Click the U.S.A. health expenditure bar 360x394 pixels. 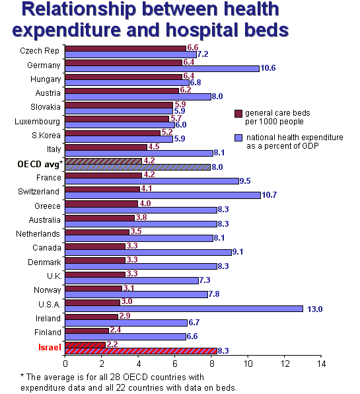[x=184, y=309]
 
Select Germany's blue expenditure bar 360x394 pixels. [x=162, y=69]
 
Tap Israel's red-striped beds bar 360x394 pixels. [x=85, y=345]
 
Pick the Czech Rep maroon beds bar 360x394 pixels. [x=126, y=49]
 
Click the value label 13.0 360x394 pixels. [x=315, y=309]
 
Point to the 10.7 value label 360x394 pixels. [x=269, y=195]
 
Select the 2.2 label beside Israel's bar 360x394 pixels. [x=112, y=344]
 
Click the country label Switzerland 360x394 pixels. [x=39, y=192]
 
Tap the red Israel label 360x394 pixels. [x=50, y=347]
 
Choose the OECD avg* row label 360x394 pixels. [x=40, y=164]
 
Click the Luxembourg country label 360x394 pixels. [x=38, y=122]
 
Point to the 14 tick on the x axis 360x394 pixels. [x=321, y=364]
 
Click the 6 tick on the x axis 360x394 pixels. [x=175, y=364]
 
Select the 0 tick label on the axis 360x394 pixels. [x=65, y=364]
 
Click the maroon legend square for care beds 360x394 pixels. [x=238, y=113]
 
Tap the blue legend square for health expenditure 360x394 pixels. [x=238, y=138]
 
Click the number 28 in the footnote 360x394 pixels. [x=114, y=377]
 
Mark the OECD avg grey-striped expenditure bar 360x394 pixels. [x=137, y=167]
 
